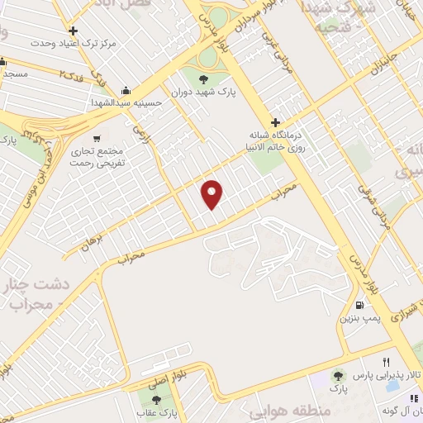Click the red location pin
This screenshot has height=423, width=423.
(212, 195)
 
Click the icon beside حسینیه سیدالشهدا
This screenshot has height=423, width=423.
(125, 90)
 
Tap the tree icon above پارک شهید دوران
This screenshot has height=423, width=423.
(203, 79)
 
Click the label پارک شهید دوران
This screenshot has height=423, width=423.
(204, 93)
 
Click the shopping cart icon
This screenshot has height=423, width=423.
(97, 139)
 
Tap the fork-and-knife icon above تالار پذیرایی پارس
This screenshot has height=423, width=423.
(386, 362)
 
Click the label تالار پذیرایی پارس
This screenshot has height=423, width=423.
(387, 376)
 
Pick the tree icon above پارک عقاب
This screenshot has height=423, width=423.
(156, 400)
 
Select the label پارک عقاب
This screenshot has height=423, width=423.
(156, 413)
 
